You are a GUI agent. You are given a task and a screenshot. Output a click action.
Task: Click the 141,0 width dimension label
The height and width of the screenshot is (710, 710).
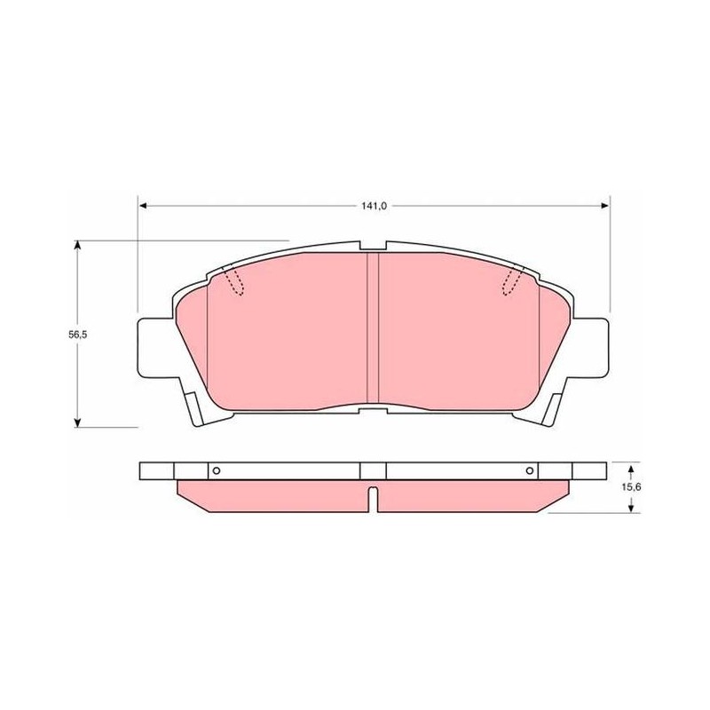click(x=374, y=206)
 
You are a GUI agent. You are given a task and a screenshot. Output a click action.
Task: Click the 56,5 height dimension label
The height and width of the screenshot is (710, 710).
click(x=77, y=335)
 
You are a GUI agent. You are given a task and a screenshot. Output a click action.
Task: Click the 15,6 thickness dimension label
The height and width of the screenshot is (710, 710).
click(x=631, y=487)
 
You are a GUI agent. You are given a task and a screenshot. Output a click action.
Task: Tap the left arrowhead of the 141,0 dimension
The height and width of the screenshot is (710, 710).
click(x=143, y=206)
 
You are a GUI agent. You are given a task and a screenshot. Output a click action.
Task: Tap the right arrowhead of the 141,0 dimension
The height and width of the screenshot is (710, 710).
click(x=604, y=206)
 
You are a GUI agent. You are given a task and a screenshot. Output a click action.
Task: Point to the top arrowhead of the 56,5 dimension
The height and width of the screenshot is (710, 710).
click(x=78, y=245)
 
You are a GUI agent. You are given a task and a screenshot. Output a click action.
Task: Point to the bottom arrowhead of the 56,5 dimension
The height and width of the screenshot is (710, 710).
click(x=78, y=422)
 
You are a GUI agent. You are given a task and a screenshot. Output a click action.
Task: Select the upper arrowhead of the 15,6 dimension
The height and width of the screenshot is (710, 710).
click(x=631, y=467)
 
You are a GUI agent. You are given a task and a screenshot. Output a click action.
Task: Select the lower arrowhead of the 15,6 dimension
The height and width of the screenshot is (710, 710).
click(x=631, y=509)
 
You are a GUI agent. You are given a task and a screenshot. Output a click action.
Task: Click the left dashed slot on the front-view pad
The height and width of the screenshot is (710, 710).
click(x=233, y=281)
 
